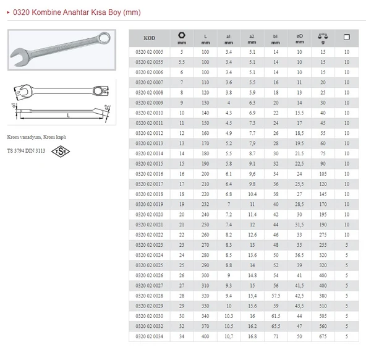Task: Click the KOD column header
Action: tap(150, 38)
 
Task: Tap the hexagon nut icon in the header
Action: tap(182, 35)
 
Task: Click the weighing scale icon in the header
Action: tap(323, 36)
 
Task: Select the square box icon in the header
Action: tap(347, 37)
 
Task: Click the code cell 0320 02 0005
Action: tap(150, 52)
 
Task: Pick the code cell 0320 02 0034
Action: tap(150, 336)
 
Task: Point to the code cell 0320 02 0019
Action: tap(150, 204)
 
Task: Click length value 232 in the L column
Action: tap(205, 204)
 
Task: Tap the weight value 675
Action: tap(323, 336)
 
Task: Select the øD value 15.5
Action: tap(299, 113)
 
